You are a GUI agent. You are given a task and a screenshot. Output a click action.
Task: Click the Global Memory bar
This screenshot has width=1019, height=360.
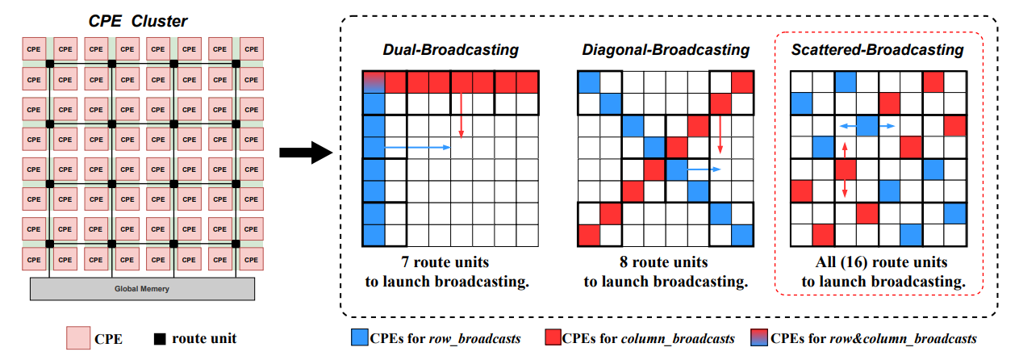tap(142, 288)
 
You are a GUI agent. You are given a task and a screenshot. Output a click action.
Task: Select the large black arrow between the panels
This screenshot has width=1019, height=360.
tap(307, 152)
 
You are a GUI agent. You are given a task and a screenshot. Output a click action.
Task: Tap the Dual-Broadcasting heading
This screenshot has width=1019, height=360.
tap(450, 50)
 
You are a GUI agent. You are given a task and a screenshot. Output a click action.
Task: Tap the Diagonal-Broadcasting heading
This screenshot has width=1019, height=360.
tap(666, 50)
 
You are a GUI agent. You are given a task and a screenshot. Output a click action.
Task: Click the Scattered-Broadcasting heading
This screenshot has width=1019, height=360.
tap(877, 50)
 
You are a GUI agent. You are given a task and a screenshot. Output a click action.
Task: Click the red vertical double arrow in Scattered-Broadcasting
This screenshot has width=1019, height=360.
tap(845, 170)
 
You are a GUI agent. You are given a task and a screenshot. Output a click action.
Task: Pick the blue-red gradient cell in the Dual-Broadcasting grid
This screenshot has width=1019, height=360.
tap(374, 82)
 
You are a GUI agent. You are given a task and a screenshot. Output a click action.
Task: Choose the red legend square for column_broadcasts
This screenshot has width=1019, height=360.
tap(553, 338)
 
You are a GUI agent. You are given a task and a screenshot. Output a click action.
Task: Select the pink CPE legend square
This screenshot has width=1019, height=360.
tap(77, 338)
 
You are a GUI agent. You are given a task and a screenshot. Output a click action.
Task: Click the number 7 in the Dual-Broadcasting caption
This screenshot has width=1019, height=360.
tap(405, 263)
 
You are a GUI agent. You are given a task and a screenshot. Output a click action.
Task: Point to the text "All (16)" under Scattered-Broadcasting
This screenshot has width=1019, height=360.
tap(837, 263)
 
